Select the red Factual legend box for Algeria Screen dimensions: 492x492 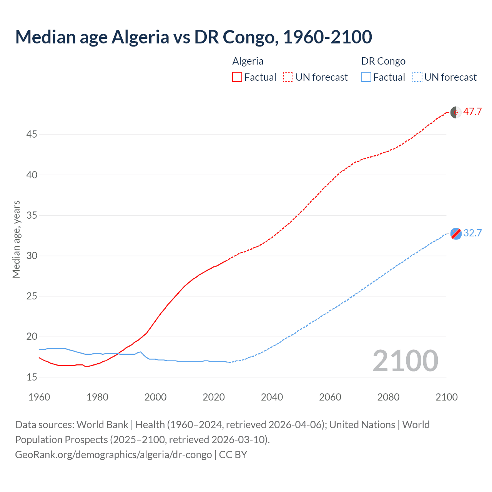coord(237,77)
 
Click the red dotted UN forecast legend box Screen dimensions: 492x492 coord(288,77)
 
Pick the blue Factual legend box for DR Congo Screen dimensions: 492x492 coord(366,77)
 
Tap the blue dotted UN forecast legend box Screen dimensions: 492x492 coord(417,77)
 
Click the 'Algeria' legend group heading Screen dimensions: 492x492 coord(248,61)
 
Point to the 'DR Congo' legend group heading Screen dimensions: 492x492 coord(383,61)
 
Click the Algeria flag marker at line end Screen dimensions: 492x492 coord(456,113)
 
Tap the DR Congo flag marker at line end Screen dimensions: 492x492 coord(456,234)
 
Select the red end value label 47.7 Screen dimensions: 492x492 coord(472,112)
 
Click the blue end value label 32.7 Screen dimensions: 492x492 coord(472,233)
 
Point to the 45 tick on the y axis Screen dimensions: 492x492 coord(32,135)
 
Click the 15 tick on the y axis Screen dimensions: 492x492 coord(32,377)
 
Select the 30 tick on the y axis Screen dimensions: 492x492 coord(32,256)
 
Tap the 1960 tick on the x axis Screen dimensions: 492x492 coord(39,397)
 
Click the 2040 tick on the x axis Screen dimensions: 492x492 coord(272,397)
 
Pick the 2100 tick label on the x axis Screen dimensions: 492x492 coord(446,397)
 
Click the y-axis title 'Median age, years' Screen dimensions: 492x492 coord(16,239)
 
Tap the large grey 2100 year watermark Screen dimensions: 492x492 coord(405,361)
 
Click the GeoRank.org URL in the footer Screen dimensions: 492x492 coord(113,455)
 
